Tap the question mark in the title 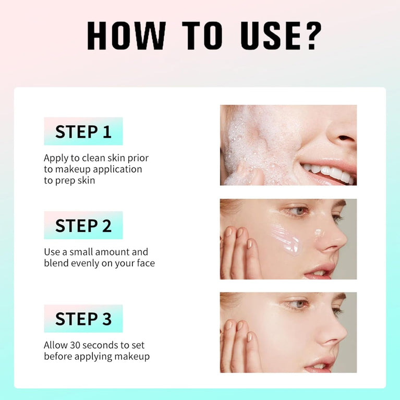coord(309,36)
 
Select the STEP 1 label coord(83,131)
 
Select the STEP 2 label coord(83,225)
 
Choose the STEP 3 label coord(83,319)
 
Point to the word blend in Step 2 coord(57,263)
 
